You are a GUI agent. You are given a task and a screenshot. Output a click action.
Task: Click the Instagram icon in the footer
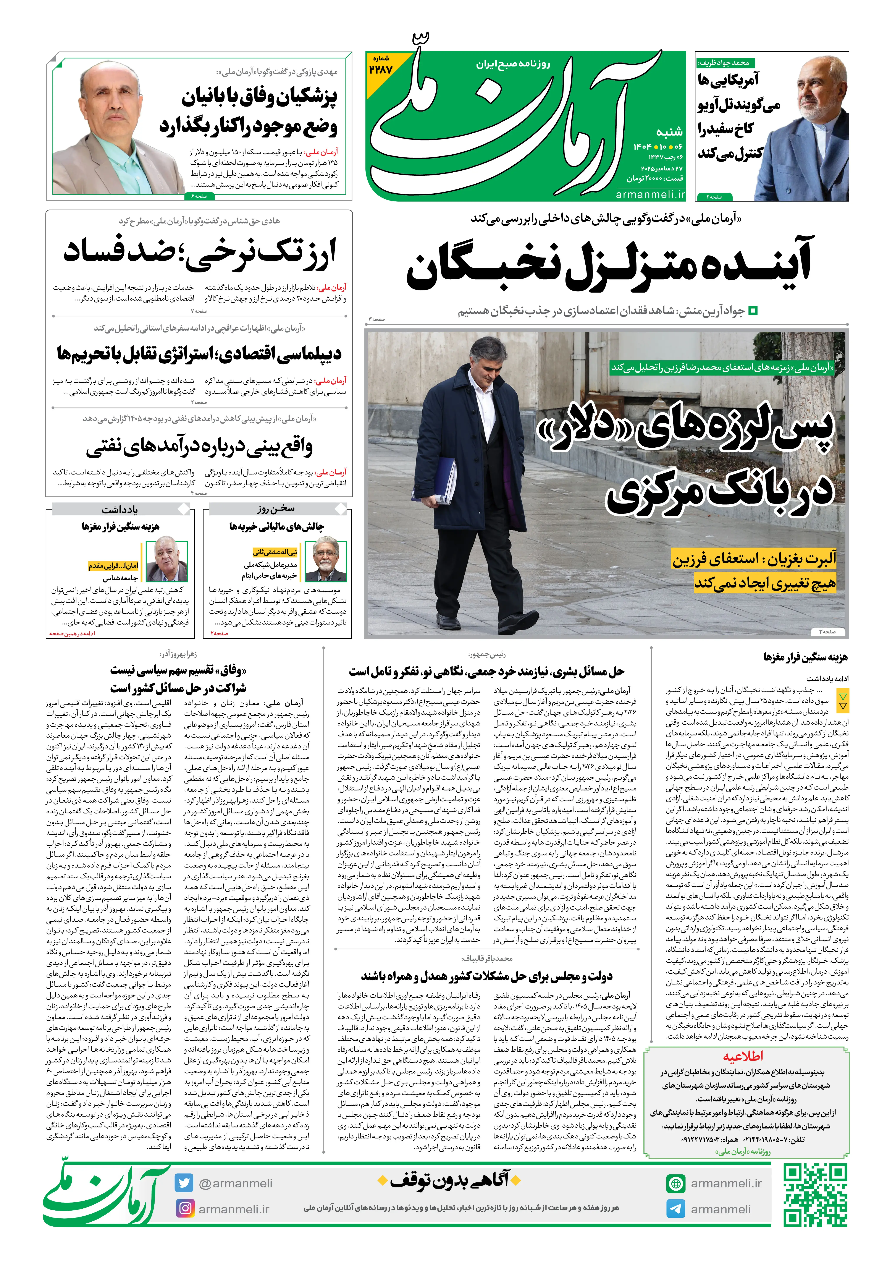coord(184,1209)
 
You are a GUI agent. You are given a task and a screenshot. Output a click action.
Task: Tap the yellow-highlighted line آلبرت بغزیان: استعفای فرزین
coord(754,559)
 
